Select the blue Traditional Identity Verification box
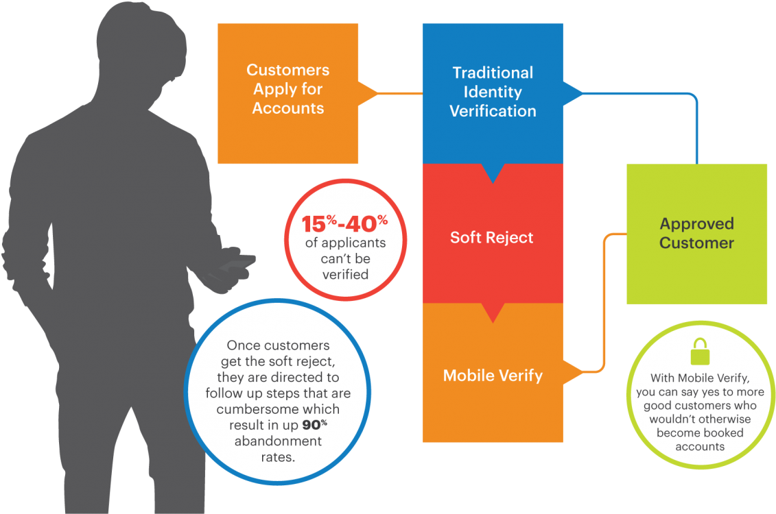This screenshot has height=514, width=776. pos(493,93)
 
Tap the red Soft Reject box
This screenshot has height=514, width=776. pos(492,237)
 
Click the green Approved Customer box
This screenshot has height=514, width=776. pos(696,233)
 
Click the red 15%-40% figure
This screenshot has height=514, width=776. pos(345,223)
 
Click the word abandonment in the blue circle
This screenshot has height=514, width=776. pos(278,441)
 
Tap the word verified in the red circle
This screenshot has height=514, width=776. pos(345,275)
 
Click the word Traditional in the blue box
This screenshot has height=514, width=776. pos(493,73)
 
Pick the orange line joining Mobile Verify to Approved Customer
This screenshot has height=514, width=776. pos(604,302)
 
